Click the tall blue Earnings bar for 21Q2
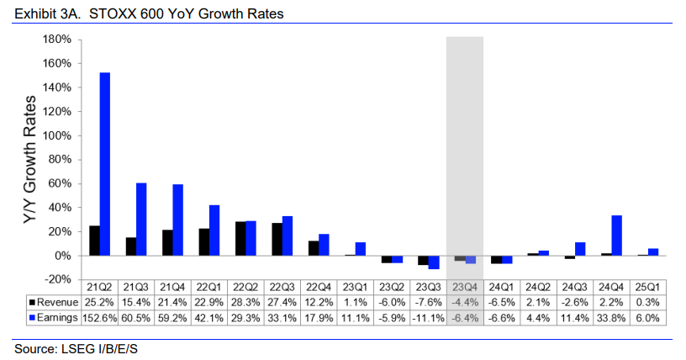coord(105,164)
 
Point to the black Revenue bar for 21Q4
coord(167,243)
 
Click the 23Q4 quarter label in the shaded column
coord(465,287)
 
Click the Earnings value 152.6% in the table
coord(98,316)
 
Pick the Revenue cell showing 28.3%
coord(245,301)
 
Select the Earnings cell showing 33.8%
coord(611,316)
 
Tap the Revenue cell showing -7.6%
coord(428,301)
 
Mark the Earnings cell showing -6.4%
coord(465,316)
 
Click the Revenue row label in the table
coord(55,301)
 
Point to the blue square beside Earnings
coord(32,316)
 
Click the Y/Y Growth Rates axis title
coord(28,160)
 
